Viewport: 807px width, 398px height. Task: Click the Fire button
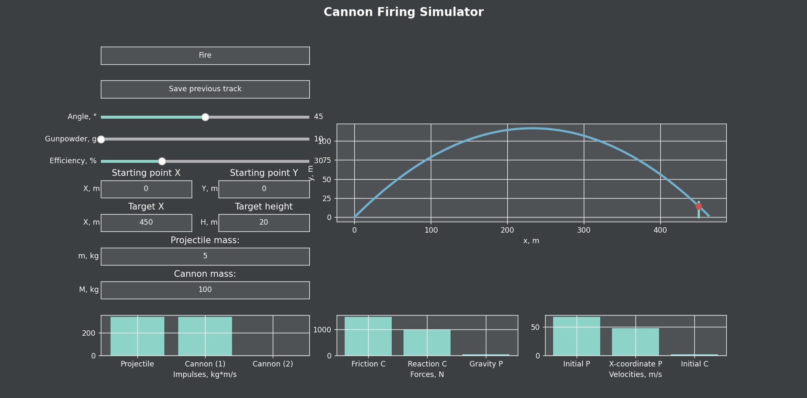click(205, 56)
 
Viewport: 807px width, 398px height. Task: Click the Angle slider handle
click(205, 117)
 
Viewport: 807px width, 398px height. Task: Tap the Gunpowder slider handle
click(101, 139)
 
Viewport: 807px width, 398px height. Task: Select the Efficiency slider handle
click(162, 161)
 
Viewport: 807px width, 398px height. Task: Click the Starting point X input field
click(146, 189)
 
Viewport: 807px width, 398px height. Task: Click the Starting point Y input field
click(264, 189)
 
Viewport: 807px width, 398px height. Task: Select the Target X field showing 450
click(146, 223)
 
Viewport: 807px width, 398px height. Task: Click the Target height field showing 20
click(264, 223)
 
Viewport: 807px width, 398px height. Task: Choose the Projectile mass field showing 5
click(205, 256)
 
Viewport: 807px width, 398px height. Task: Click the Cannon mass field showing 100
click(205, 290)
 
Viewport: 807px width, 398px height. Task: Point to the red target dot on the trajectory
click(699, 206)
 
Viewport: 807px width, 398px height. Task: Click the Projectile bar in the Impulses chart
click(137, 336)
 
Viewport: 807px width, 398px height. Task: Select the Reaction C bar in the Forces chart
click(427, 342)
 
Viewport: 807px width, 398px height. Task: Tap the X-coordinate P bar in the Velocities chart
click(636, 342)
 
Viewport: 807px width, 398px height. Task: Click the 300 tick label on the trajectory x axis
click(584, 230)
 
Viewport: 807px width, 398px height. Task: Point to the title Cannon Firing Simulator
click(403, 12)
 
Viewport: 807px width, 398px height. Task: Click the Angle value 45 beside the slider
click(319, 117)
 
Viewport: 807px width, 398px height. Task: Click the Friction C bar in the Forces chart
click(368, 336)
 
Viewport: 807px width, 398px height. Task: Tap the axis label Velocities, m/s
click(636, 374)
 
